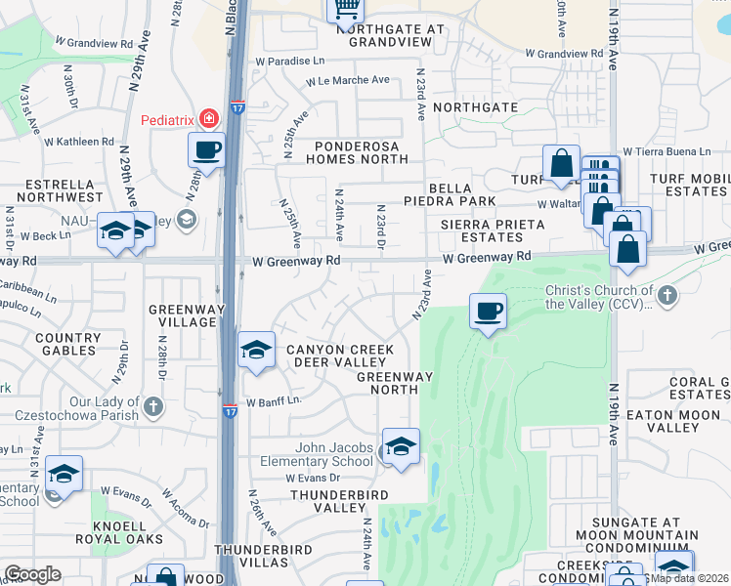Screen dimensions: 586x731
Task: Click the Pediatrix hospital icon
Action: tap(208, 119)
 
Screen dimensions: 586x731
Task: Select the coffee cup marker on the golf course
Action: tap(488, 312)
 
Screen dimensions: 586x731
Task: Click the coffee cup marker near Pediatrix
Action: tap(206, 150)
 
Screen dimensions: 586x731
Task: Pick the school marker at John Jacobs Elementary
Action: tap(400, 446)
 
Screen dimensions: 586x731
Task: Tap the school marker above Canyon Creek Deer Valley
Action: tap(256, 349)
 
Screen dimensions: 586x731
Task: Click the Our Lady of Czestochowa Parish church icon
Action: tap(152, 405)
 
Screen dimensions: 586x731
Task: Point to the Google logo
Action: tap(32, 574)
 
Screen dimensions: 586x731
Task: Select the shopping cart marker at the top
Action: tap(344, 10)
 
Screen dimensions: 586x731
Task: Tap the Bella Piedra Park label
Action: tap(460, 194)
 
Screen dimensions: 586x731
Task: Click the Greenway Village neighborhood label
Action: tap(182, 315)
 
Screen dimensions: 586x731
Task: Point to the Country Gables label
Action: tap(67, 345)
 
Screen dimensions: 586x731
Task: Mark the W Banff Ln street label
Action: tap(273, 401)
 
